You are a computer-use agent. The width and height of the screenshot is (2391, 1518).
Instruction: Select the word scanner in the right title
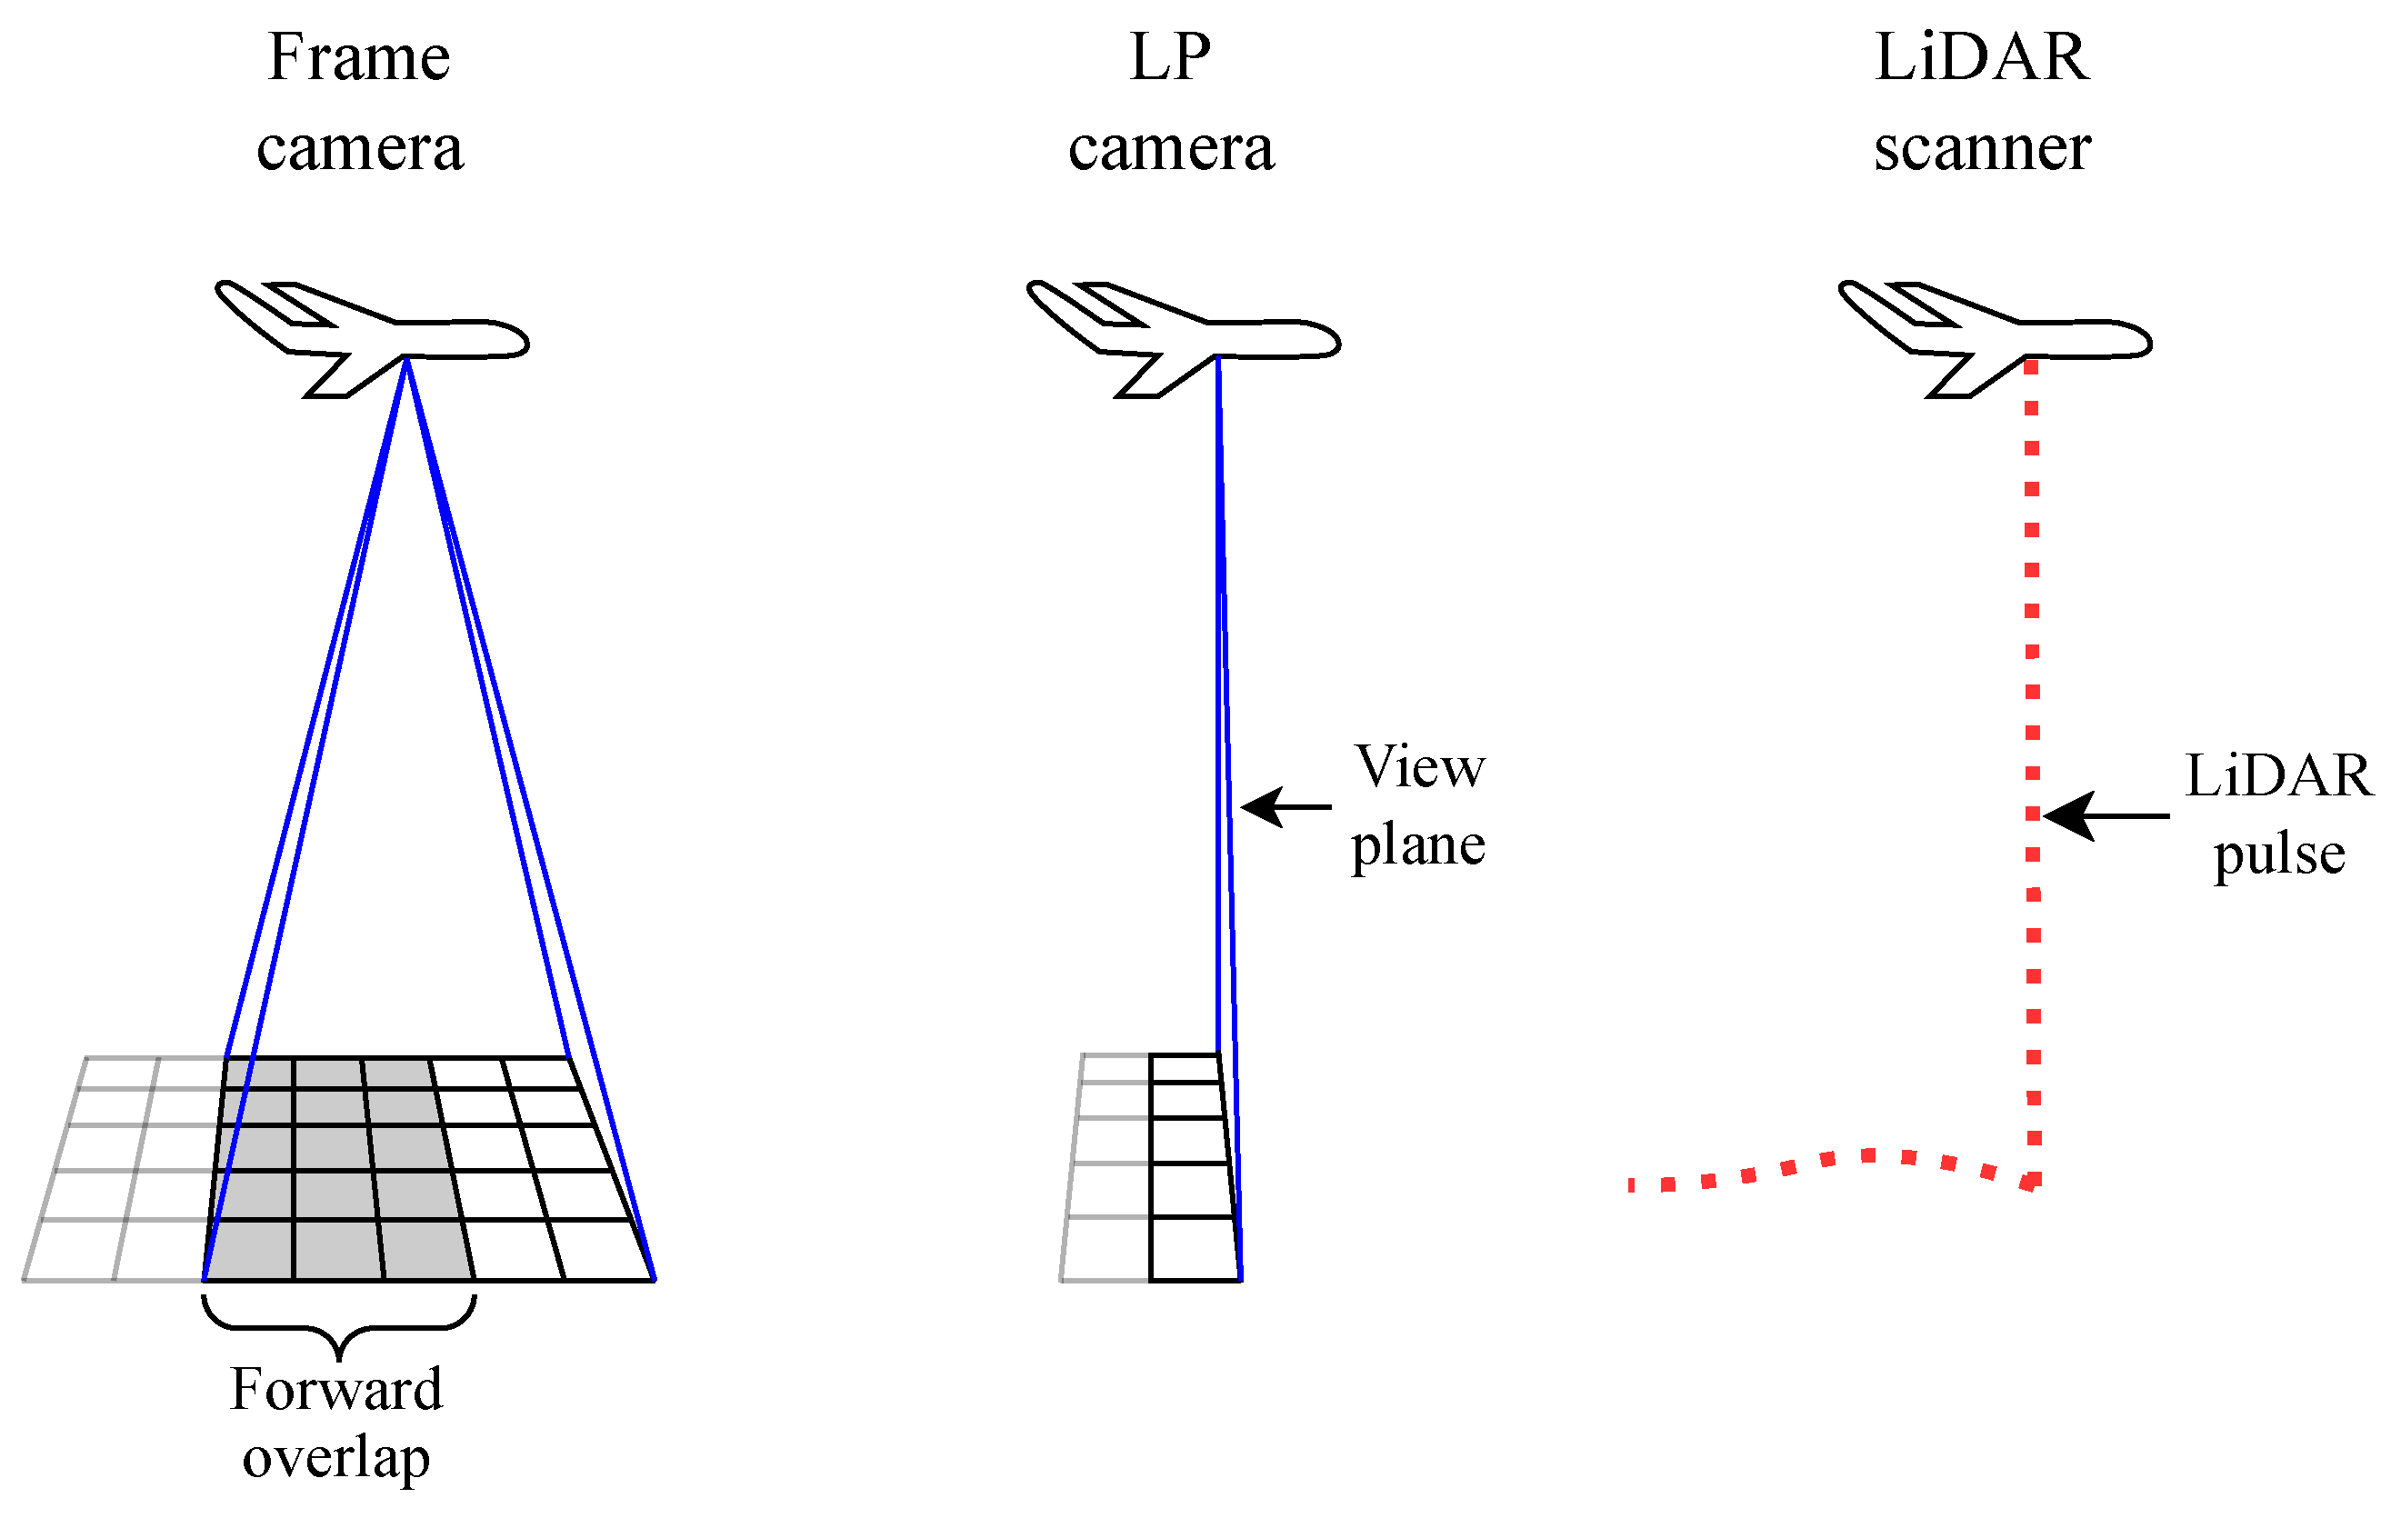coord(1982,149)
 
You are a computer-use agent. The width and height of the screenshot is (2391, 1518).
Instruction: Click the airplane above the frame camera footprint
coord(373,337)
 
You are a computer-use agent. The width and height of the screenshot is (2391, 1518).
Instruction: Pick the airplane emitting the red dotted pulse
coord(1996,337)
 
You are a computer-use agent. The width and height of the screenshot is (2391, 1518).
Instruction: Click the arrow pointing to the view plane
coord(1286,807)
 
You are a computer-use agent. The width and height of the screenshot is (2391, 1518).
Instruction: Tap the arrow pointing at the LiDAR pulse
coord(2105,816)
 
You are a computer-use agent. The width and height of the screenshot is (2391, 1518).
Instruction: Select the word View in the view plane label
coord(1420,767)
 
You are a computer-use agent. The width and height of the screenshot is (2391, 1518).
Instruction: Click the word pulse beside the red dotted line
coord(2280,854)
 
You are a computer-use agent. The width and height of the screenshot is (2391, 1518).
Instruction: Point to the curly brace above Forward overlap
coord(338,1324)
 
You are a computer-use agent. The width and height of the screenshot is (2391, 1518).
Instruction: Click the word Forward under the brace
coord(336,1390)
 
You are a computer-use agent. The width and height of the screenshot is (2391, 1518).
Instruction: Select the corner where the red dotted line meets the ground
coord(2032,1181)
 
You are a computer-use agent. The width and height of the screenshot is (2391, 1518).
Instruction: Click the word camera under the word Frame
coord(359,149)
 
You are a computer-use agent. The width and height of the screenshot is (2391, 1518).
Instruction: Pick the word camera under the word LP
coord(1171,149)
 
